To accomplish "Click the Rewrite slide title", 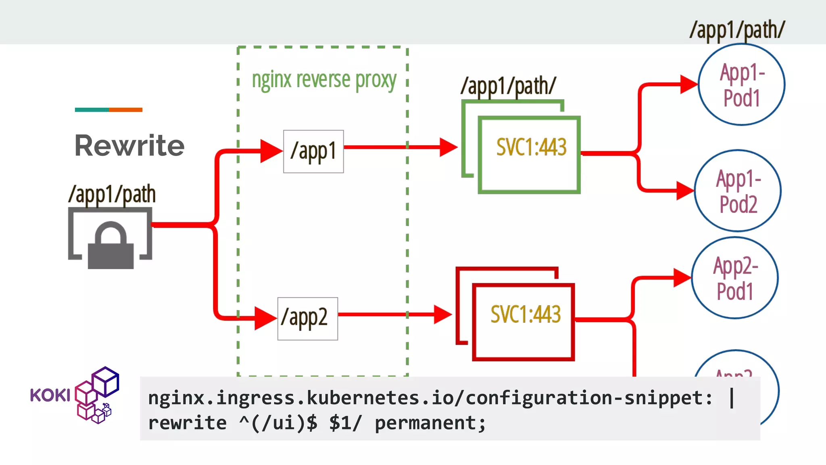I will [x=129, y=145].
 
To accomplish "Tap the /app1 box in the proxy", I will [x=313, y=151].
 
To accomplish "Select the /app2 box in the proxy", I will [x=307, y=318].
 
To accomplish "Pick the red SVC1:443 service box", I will [x=524, y=322].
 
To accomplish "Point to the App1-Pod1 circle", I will [x=741, y=85].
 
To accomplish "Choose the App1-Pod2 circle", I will [x=738, y=191].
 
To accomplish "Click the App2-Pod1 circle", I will [x=734, y=278].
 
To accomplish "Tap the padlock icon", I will [x=111, y=246].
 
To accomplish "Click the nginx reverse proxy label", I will [x=324, y=80].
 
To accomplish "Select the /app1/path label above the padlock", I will [x=112, y=194].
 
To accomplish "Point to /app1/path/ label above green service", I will [x=508, y=86].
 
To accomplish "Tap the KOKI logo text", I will [x=50, y=395].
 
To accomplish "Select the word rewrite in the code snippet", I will [x=187, y=423].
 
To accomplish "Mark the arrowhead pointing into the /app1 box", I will [x=271, y=151].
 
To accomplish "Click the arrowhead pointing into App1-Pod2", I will [x=685, y=191].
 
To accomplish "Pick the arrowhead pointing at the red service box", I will [x=442, y=314].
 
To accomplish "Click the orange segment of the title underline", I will [x=125, y=110].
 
